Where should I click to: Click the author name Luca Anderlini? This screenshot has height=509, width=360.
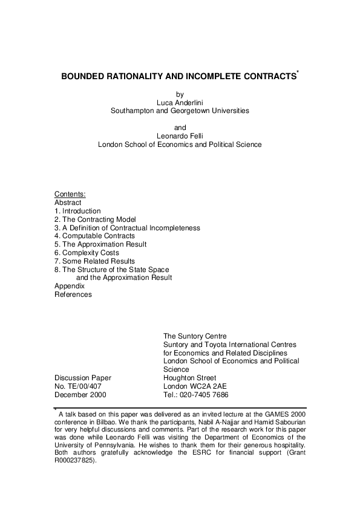point(180,102)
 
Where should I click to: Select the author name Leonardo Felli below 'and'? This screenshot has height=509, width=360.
point(180,136)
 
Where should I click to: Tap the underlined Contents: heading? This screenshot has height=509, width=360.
point(70,194)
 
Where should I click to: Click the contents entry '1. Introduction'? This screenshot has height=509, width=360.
point(77,211)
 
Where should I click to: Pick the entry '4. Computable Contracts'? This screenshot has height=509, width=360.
point(91,236)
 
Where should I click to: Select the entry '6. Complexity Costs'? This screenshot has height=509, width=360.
point(87,253)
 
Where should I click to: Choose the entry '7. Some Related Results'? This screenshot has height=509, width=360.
point(92,261)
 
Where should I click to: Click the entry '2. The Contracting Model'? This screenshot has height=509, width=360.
point(95,219)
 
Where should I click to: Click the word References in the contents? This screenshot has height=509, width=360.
point(73,294)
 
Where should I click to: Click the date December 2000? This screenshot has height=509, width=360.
point(80,395)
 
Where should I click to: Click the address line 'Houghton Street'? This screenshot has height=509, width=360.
point(189,378)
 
